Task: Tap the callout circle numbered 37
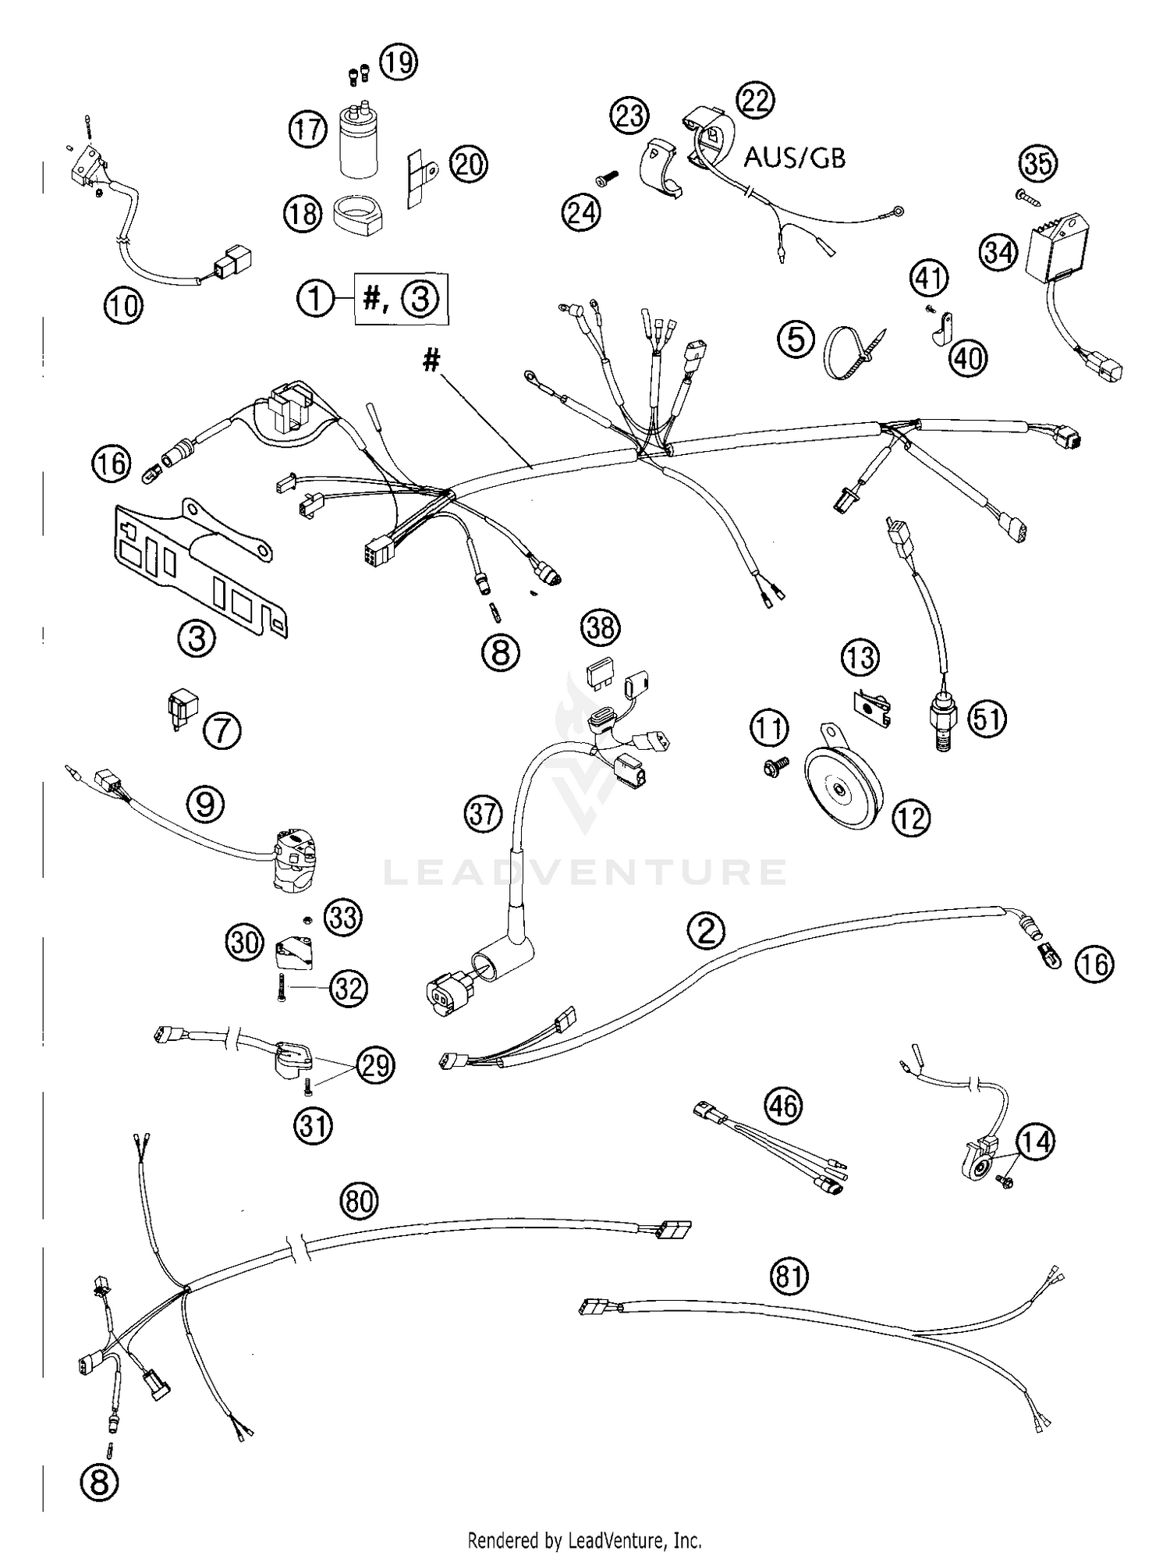[483, 814]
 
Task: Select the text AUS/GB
[794, 158]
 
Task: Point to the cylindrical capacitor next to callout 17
[358, 142]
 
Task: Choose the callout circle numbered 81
[789, 1277]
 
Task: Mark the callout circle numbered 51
[987, 719]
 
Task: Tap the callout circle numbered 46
[784, 1107]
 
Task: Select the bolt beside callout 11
[774, 769]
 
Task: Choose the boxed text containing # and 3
[402, 299]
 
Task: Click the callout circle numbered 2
[706, 930]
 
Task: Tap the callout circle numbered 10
[123, 305]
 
